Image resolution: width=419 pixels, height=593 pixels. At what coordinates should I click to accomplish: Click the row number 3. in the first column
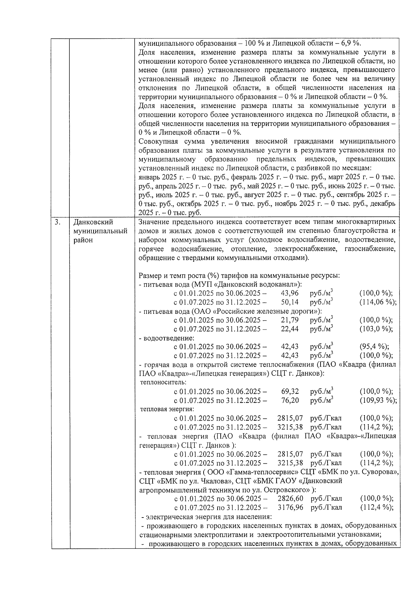(x=58, y=222)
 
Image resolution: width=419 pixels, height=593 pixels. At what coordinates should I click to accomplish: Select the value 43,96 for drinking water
(x=290, y=293)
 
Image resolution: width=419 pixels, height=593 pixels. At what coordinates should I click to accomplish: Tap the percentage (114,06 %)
(x=378, y=302)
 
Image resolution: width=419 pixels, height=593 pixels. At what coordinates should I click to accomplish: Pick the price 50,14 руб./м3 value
(x=290, y=302)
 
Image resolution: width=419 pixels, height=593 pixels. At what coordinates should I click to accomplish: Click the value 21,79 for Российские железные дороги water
(x=290, y=320)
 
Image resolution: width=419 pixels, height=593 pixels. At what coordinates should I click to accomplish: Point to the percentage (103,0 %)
(x=376, y=329)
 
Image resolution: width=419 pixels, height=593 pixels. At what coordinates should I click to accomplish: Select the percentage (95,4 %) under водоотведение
(x=374, y=347)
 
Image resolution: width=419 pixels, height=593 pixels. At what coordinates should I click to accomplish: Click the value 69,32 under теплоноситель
(x=290, y=391)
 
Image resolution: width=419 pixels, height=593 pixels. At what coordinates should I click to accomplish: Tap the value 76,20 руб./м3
(x=290, y=400)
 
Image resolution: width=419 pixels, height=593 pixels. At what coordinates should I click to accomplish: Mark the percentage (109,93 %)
(x=378, y=400)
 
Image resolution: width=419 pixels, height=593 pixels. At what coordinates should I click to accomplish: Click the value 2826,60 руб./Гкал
(x=290, y=499)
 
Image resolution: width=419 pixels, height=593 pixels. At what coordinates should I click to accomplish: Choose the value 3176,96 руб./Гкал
(x=290, y=507)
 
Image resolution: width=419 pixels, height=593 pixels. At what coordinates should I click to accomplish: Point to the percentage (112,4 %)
(x=376, y=507)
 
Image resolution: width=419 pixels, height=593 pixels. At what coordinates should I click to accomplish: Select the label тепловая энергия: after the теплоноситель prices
(x=167, y=409)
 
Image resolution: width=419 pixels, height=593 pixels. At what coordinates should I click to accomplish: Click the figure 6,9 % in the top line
(x=351, y=43)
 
